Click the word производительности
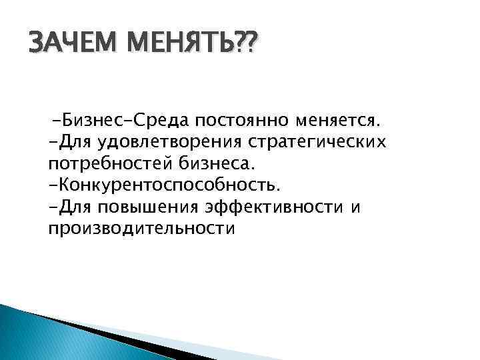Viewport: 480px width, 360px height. coord(142,228)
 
